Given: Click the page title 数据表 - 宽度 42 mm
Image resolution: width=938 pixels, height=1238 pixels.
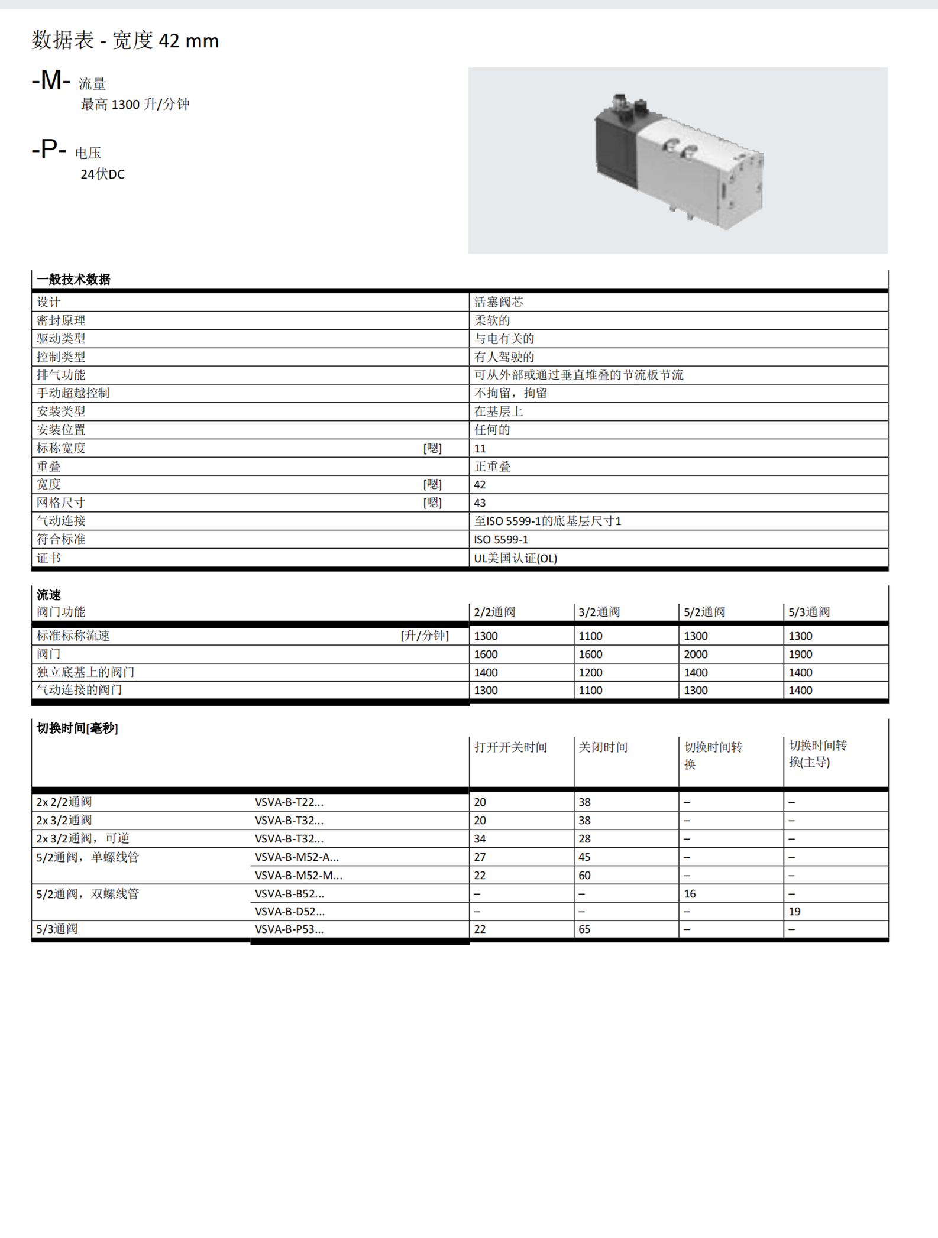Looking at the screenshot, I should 125,40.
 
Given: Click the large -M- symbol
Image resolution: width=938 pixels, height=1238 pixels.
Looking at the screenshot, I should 51,80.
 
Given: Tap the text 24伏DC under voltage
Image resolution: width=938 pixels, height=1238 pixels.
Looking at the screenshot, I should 102,174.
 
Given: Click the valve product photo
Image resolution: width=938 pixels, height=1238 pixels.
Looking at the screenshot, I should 678,160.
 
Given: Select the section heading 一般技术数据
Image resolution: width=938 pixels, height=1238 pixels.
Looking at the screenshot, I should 73,280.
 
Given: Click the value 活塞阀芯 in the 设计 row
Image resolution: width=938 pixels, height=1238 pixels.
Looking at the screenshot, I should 499,302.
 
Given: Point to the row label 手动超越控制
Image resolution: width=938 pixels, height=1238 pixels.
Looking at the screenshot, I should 73,393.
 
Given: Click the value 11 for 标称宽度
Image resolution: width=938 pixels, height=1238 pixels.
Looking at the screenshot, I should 480,449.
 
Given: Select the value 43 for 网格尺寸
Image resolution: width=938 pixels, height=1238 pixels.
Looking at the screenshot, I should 480,503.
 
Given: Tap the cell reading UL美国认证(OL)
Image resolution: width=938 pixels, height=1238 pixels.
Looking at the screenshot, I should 515,558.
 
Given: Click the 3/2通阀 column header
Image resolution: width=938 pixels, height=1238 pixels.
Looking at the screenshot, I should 599,612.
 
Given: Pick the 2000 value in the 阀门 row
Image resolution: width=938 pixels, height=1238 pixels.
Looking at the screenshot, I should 696,654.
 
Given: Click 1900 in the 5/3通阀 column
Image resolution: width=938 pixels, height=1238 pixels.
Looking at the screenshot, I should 800,654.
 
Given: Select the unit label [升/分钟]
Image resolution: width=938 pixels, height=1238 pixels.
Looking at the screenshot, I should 425,636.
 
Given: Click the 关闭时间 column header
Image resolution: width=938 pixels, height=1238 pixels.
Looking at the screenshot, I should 603,747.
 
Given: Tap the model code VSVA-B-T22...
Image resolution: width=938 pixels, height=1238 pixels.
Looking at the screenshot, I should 289,802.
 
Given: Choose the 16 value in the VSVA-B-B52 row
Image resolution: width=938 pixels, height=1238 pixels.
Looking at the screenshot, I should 690,894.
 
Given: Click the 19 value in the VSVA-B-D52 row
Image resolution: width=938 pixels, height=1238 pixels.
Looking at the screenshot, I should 794,912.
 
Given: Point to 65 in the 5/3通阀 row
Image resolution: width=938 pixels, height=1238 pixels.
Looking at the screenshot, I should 584,929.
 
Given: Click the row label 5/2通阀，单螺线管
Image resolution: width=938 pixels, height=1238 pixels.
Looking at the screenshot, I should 88,857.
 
